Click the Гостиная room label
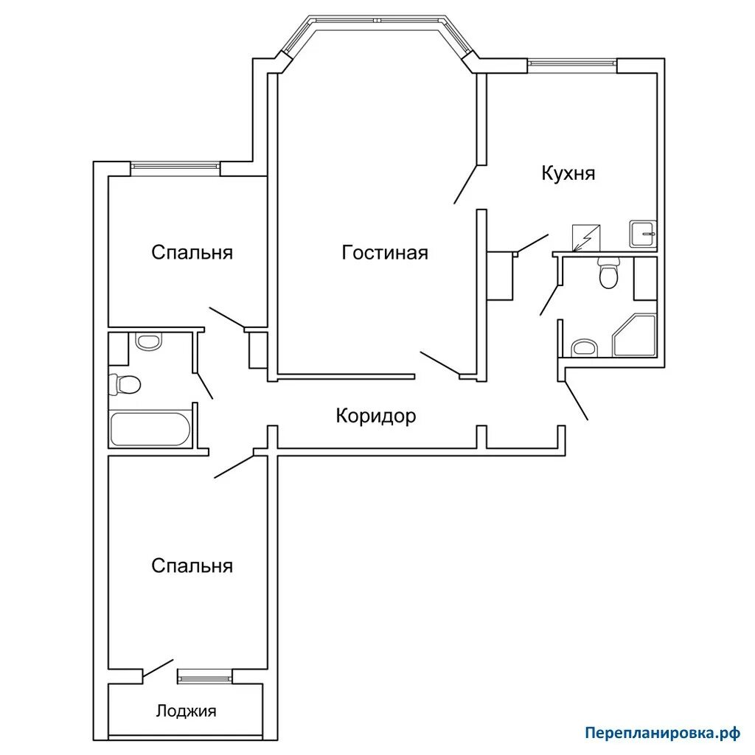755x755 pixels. [385, 252]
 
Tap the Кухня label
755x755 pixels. [568, 173]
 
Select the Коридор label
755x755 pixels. [375, 416]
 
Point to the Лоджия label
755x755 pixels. [186, 711]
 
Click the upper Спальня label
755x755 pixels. [192, 252]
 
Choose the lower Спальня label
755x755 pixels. [192, 566]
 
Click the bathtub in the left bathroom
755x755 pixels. [150, 428]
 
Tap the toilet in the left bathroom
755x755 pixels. [125, 385]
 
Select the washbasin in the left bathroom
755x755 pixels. [148, 341]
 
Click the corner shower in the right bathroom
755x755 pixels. [634, 335]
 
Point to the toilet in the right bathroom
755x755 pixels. [608, 273]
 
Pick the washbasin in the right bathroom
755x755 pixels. [584, 348]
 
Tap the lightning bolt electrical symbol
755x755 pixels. [585, 237]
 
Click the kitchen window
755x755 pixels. [572, 62]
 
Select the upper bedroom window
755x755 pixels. [175, 166]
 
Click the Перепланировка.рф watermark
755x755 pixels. [663, 734]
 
